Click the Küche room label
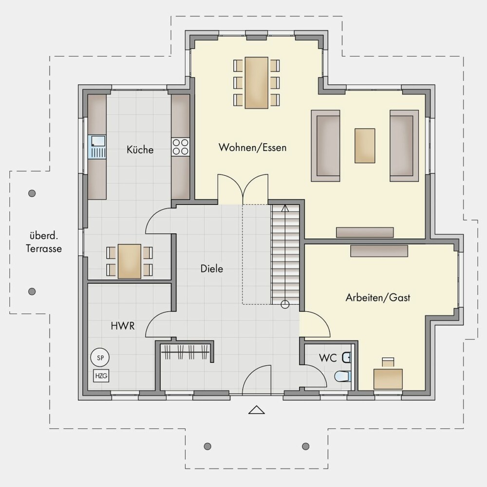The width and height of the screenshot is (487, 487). (x=140, y=150)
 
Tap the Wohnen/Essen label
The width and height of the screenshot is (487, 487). (x=252, y=147)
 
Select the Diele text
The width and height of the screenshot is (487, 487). (x=212, y=269)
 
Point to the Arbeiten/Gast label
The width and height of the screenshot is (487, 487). (x=378, y=298)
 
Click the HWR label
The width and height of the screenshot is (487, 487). (x=123, y=326)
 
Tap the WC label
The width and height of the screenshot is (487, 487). (x=328, y=358)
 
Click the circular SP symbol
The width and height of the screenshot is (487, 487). (x=100, y=357)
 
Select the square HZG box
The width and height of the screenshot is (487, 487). (x=101, y=376)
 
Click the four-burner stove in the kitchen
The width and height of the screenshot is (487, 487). (x=181, y=147)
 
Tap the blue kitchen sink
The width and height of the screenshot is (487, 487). (x=97, y=147)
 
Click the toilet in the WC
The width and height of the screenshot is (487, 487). (x=343, y=376)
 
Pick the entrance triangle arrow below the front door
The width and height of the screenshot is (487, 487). (x=257, y=410)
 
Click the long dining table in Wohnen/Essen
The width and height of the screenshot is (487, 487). (x=257, y=83)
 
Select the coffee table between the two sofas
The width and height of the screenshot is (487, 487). (x=365, y=146)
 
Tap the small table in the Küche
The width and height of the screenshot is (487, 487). (x=130, y=261)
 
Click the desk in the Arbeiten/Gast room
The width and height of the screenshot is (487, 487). (x=388, y=379)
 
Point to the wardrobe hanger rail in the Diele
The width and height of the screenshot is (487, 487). (x=187, y=352)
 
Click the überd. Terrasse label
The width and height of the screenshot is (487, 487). (x=44, y=242)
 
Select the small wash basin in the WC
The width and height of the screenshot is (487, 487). (x=347, y=357)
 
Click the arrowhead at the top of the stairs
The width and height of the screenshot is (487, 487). (x=285, y=208)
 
